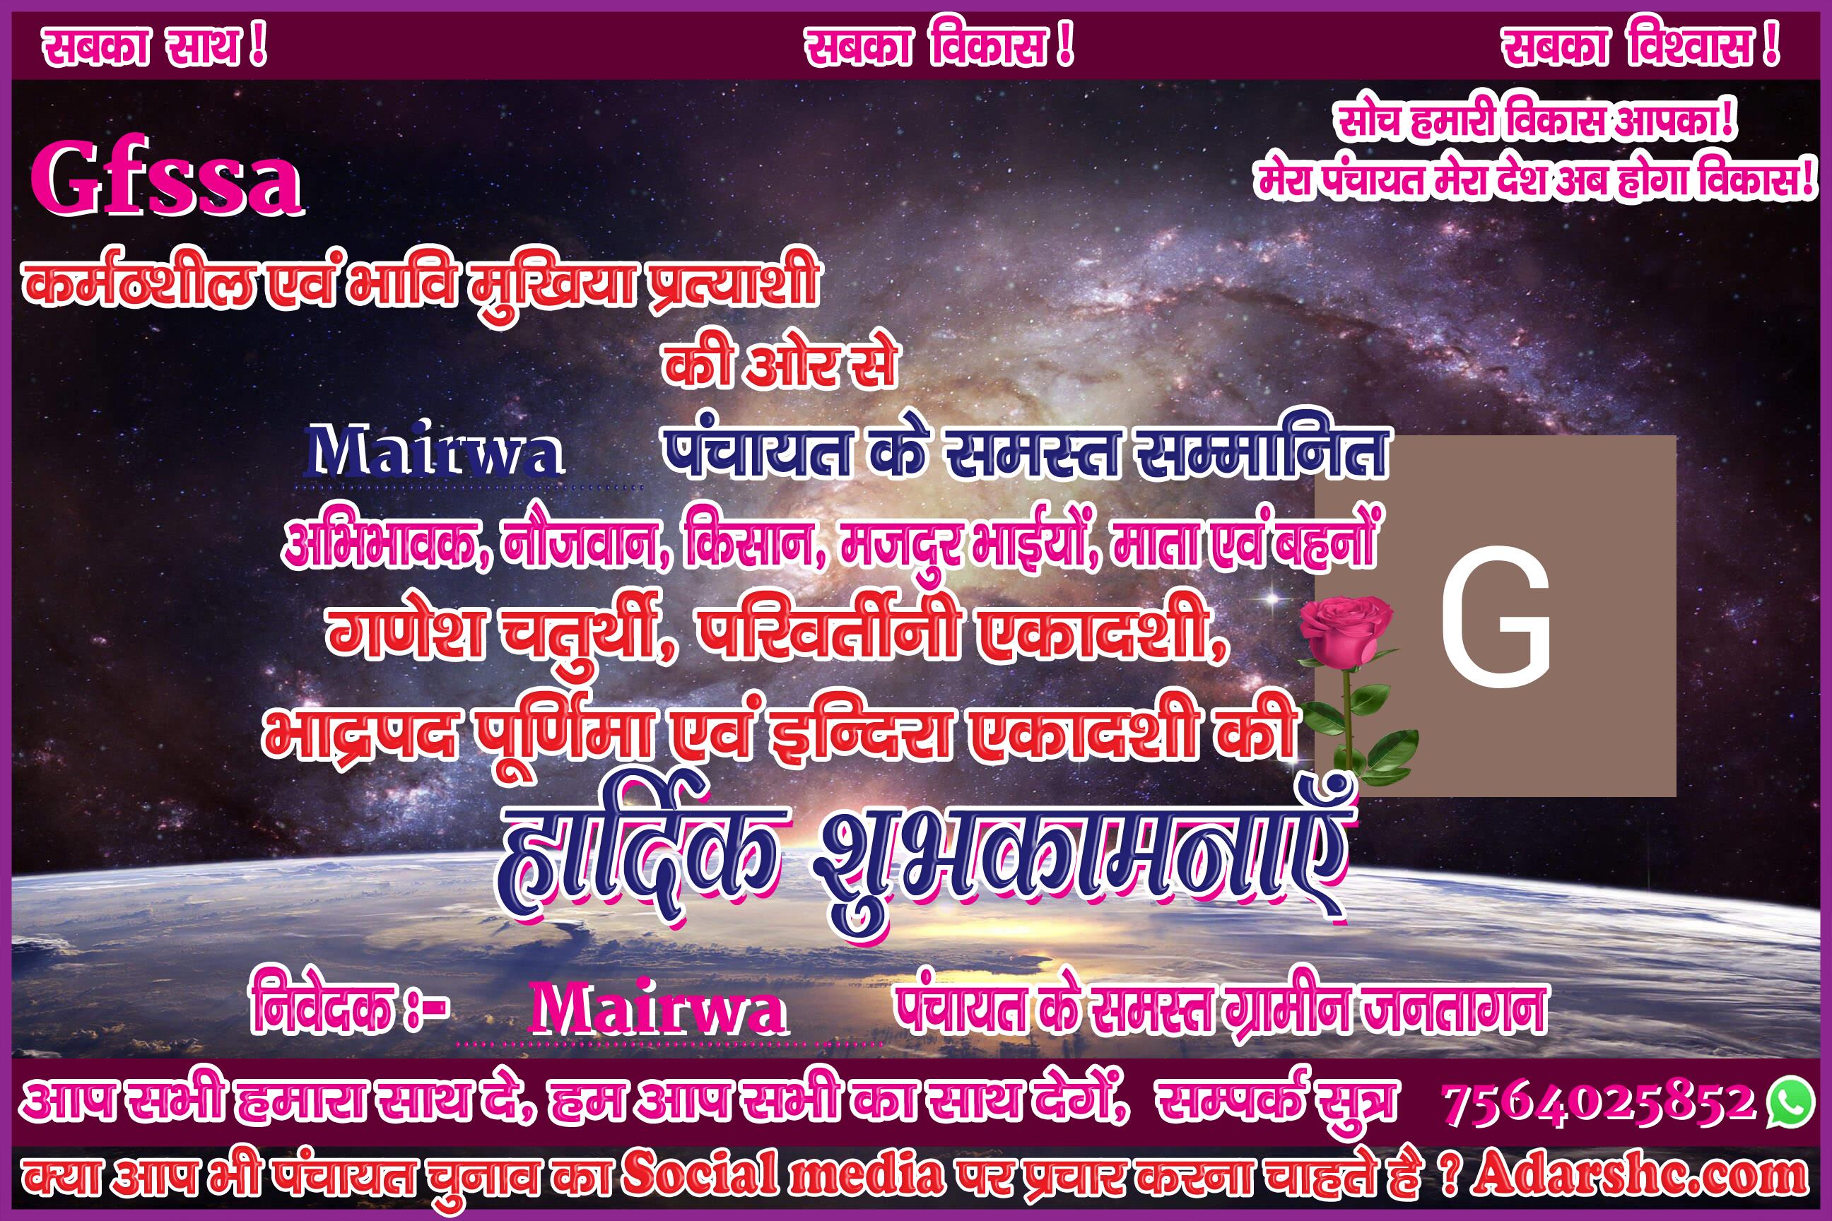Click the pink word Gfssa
click(x=166, y=181)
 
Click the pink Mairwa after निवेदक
click(x=658, y=1008)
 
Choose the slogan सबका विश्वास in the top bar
click(x=1641, y=47)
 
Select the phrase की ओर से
click(x=780, y=363)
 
